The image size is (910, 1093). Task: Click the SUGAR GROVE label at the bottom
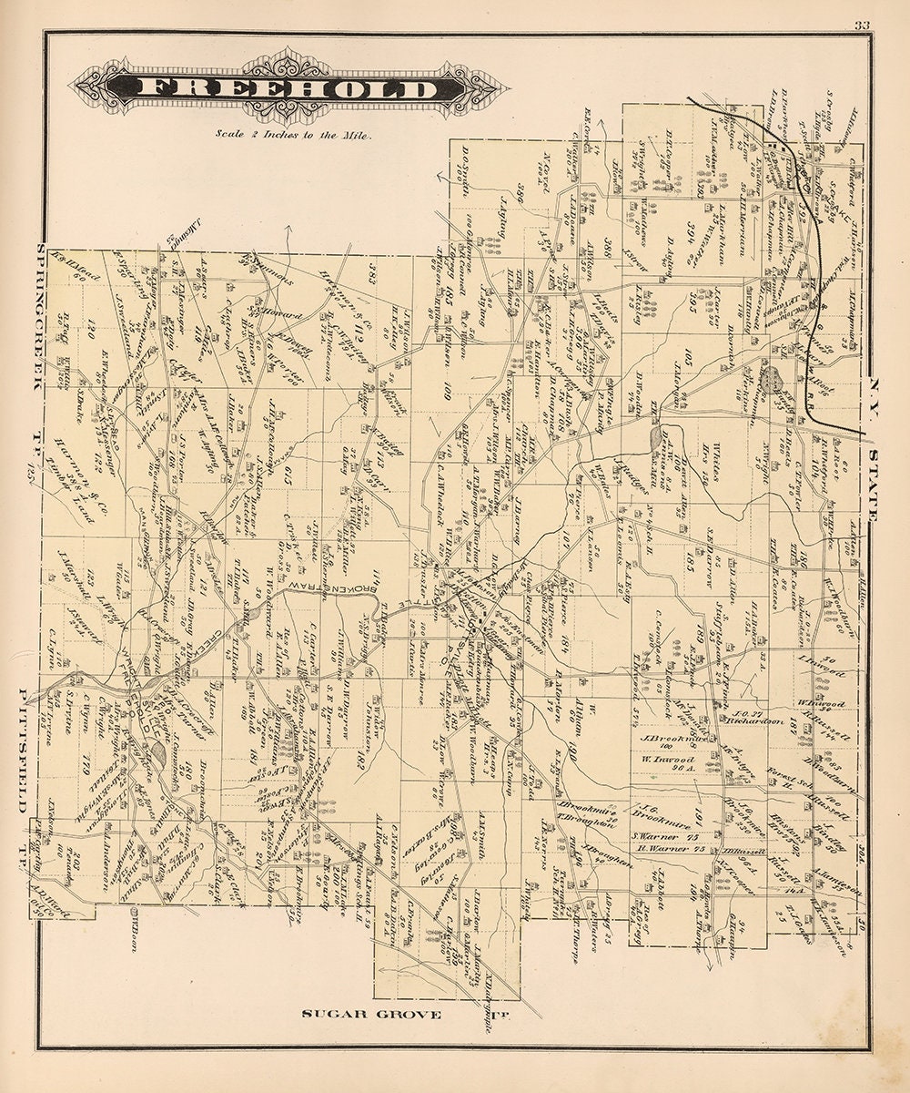373,1014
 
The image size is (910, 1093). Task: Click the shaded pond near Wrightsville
159,752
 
